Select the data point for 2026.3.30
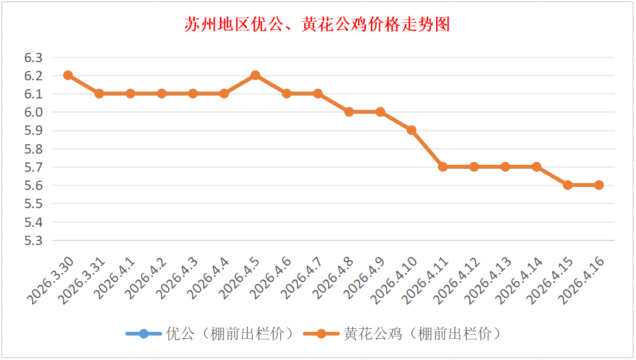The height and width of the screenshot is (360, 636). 68,75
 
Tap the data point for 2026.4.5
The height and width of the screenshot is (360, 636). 256,75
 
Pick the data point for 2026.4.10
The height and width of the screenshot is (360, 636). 411,130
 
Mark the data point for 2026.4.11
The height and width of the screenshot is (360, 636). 443,167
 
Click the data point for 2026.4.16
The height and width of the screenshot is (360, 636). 599,185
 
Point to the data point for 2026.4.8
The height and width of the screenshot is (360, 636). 349,111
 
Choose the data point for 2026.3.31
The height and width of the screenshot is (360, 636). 99,93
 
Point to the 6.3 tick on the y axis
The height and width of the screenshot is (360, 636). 33,57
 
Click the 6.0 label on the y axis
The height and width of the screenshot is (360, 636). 33,112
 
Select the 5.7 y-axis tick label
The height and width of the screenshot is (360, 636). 33,167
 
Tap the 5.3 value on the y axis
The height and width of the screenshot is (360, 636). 33,240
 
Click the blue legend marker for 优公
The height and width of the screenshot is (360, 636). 144,334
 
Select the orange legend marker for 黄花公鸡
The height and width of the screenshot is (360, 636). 321,334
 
